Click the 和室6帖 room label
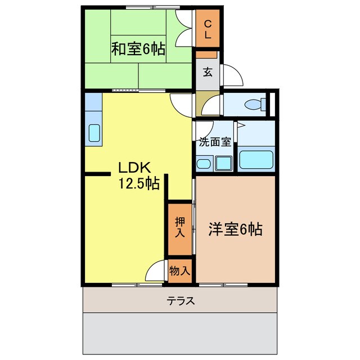(137, 49)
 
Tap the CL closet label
(207, 29)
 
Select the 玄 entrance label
(208, 72)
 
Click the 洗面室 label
(214, 142)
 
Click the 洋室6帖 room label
(236, 229)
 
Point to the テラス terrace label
(181, 301)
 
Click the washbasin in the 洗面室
(204, 164)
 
